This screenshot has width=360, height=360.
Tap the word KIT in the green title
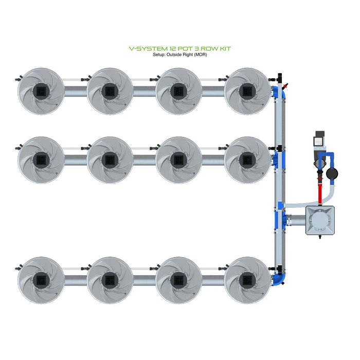pyautogui.click(x=225, y=49)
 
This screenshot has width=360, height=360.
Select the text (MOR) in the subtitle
pyautogui.click(x=201, y=55)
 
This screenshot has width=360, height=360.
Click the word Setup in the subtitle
pyautogui.click(x=159, y=55)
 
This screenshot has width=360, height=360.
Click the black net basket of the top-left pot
pyautogui.click(x=41, y=91)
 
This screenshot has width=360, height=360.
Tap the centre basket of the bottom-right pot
pyautogui.click(x=247, y=280)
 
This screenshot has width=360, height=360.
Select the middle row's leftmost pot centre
pyautogui.click(x=41, y=160)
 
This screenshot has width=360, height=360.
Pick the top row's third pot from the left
pyautogui.click(x=178, y=91)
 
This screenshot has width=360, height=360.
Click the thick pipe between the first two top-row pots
pyautogui.click(x=76, y=91)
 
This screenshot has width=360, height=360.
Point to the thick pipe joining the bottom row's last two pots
pyautogui.click(x=213, y=280)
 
